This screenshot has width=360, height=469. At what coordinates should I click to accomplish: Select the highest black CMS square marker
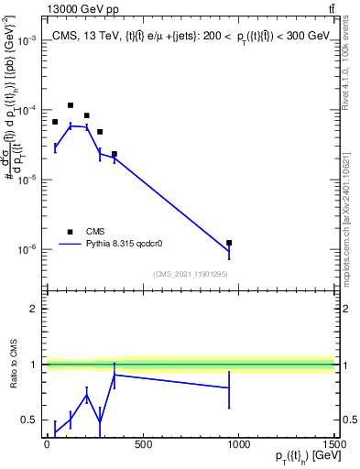pyautogui.click(x=71, y=105)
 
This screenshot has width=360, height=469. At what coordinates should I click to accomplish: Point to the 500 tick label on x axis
pyautogui.click(x=142, y=444)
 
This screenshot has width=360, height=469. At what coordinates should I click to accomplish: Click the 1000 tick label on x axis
pyautogui.click(x=238, y=444)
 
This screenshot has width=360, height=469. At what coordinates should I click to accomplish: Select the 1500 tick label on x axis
pyautogui.click(x=333, y=444)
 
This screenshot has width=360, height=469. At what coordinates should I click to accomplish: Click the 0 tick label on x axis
pyautogui.click(x=47, y=444)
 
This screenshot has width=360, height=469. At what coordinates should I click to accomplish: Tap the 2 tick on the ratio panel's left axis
pyautogui.click(x=33, y=309)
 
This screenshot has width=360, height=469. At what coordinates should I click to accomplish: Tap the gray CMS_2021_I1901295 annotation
pyautogui.click(x=190, y=274)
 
